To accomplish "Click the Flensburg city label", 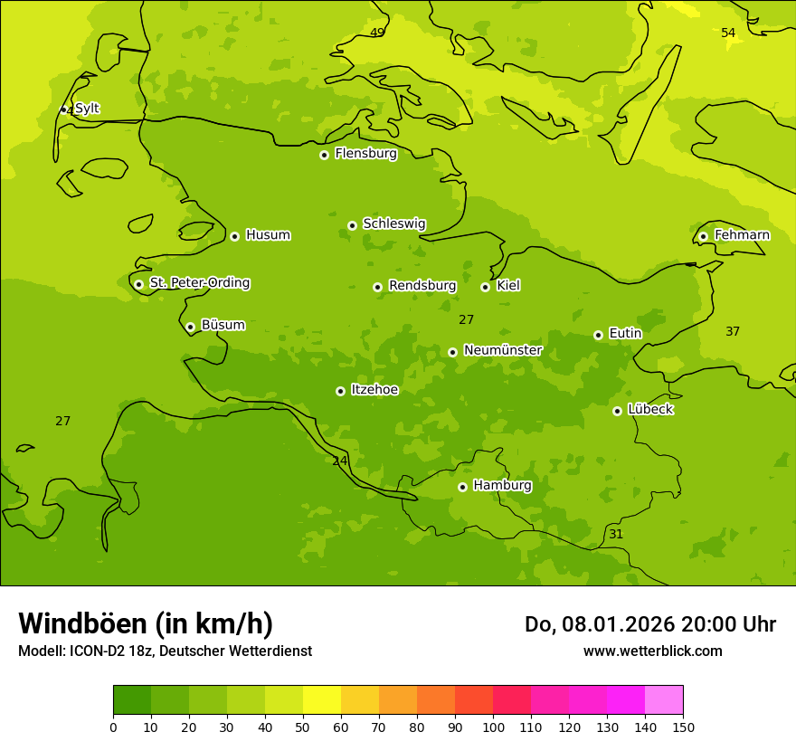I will [x=365, y=154].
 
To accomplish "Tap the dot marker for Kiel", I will [x=485, y=287].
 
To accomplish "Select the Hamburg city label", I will [x=502, y=486].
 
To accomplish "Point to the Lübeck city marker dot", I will [x=617, y=411].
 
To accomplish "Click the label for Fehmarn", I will [x=742, y=235].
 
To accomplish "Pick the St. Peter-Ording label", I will [x=199, y=283].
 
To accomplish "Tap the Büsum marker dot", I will [x=190, y=327].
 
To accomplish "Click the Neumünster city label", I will [x=502, y=350].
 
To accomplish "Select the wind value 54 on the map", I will [x=728, y=33].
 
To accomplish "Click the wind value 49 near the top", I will [x=377, y=33].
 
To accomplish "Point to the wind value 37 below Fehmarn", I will [x=733, y=332].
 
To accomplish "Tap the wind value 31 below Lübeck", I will [x=616, y=535].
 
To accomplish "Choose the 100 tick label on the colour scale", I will [x=493, y=727].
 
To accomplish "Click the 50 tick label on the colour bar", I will [x=303, y=727].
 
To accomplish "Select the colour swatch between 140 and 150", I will [x=664, y=700].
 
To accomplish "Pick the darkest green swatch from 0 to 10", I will [x=132, y=700].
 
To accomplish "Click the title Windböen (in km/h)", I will [x=146, y=623].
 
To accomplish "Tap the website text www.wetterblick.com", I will [x=652, y=651].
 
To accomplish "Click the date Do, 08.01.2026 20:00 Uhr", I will [x=649, y=624].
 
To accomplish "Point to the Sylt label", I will [x=87, y=109].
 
